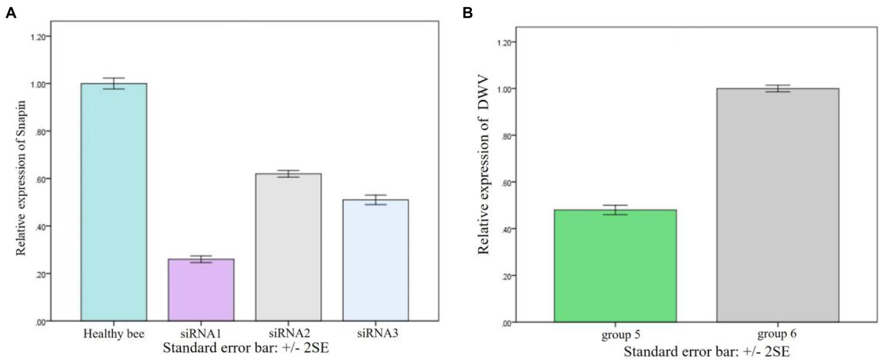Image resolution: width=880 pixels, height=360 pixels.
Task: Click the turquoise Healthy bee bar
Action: (114, 202)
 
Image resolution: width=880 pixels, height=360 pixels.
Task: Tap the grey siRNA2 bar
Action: (288, 246)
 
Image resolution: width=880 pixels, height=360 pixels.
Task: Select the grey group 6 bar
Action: (777, 205)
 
